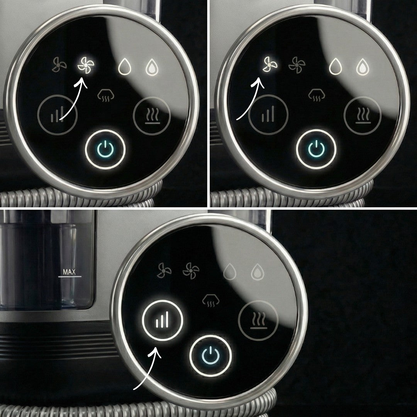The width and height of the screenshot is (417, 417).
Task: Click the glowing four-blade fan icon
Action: point(86,65)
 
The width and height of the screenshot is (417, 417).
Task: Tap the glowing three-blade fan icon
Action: point(270,64)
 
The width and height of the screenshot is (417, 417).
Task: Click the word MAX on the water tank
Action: point(69,272)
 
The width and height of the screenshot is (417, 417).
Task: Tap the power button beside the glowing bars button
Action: point(210,356)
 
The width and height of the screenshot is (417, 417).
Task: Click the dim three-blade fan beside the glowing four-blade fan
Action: point(59,64)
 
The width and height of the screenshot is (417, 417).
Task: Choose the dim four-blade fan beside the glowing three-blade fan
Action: point(297,65)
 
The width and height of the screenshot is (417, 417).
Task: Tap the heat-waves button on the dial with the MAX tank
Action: point(258,320)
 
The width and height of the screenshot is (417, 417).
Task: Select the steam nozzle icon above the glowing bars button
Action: point(211,300)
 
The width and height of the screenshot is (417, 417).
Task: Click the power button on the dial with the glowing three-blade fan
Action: point(316,149)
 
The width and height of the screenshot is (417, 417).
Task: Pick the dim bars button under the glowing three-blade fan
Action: point(268,115)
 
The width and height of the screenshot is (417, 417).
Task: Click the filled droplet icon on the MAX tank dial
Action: point(258,271)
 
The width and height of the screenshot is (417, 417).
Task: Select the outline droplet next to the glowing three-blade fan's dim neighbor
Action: point(336,66)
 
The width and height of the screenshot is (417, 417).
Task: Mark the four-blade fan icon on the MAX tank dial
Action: point(191,271)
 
